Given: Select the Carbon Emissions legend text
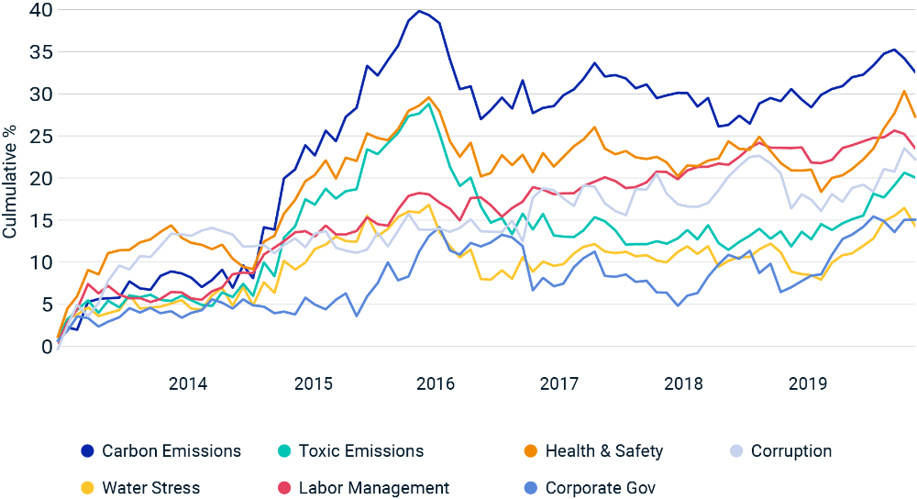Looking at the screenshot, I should click(x=171, y=451).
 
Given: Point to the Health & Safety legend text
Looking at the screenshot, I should click(x=604, y=451).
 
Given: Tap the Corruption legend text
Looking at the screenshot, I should click(x=791, y=451).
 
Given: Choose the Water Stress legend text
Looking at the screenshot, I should click(x=151, y=488).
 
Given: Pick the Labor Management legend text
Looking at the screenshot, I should click(x=372, y=488).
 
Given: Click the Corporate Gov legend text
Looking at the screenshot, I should click(x=601, y=488).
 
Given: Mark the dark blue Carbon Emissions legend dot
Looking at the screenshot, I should click(x=87, y=451).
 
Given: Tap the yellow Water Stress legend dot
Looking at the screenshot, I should click(x=87, y=488).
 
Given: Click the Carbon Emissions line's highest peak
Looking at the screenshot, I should click(x=419, y=12).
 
